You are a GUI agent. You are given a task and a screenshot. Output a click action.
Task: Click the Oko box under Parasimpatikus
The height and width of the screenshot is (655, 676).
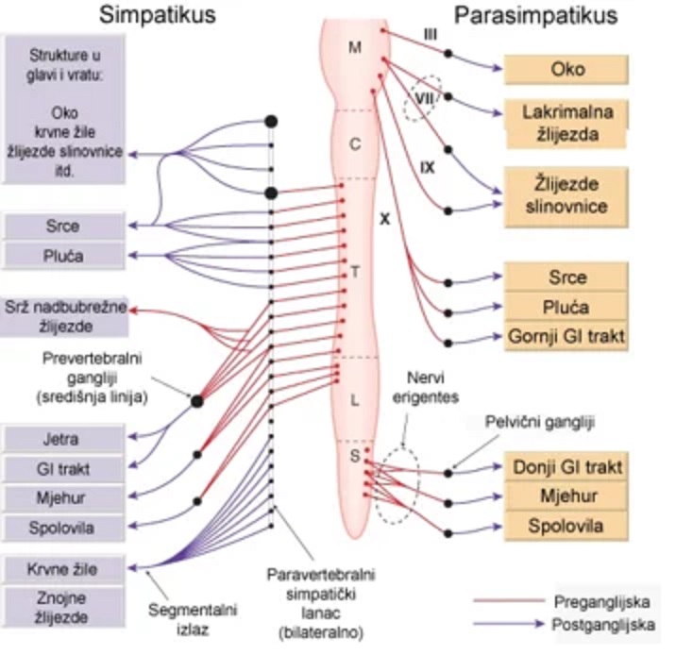[566, 70]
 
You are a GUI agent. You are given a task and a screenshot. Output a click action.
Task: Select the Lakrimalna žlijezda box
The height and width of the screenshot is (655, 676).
[566, 124]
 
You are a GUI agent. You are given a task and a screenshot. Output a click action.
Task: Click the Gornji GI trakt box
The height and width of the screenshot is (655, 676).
[566, 334]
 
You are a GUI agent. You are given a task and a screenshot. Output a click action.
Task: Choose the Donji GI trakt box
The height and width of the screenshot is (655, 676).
[566, 466]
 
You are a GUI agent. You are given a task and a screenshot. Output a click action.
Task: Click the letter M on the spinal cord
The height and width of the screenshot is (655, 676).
[355, 47]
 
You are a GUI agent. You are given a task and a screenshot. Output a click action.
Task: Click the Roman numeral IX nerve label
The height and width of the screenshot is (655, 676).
[428, 166]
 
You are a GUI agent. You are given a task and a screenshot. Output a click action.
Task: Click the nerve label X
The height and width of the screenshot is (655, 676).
[384, 217]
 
